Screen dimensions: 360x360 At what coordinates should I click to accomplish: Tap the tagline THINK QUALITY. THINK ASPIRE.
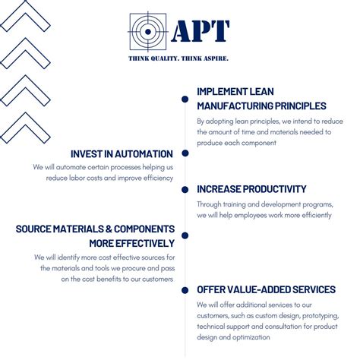click(179, 58)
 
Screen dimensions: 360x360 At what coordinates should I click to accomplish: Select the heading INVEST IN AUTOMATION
click(122, 153)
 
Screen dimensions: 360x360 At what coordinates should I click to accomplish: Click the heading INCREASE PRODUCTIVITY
click(251, 189)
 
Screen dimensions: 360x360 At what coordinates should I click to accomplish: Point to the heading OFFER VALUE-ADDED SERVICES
click(266, 289)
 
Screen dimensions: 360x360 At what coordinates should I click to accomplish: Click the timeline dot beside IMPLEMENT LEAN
click(185, 99)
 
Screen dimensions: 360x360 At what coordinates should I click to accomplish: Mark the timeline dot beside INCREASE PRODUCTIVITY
click(185, 190)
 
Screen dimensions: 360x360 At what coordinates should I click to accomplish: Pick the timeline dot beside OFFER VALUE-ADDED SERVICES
click(185, 289)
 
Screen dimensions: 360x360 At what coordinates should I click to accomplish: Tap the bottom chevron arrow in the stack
click(25, 125)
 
